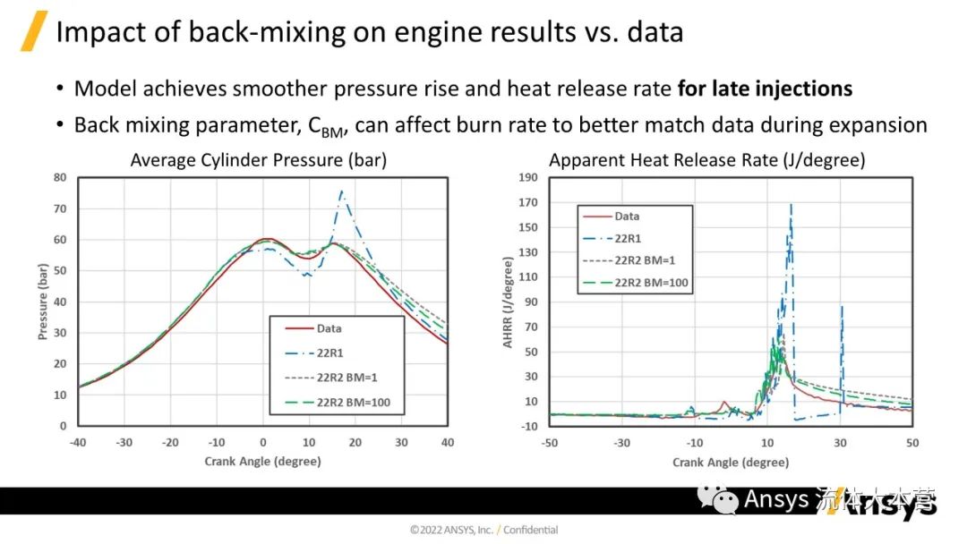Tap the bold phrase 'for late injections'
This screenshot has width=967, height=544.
pyautogui.click(x=765, y=89)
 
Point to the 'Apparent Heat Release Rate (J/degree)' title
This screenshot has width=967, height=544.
pyautogui.click(x=706, y=160)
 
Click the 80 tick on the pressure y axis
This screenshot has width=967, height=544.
pyautogui.click(x=61, y=177)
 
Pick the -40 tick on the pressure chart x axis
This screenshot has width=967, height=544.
pyautogui.click(x=79, y=442)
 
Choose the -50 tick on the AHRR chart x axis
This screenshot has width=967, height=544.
pyautogui.click(x=549, y=442)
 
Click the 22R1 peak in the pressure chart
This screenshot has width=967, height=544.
pyautogui.click(x=341, y=191)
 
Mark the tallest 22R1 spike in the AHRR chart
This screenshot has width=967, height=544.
pyautogui.click(x=791, y=205)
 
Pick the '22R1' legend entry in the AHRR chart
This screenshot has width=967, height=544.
pyautogui.click(x=628, y=238)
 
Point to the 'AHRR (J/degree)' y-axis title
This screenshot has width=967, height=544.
pyautogui.click(x=508, y=302)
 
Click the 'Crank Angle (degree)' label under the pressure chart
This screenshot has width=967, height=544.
pyautogui.click(x=262, y=462)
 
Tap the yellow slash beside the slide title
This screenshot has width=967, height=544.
pyautogui.click(x=33, y=31)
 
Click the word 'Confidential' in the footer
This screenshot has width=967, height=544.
pyautogui.click(x=530, y=530)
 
